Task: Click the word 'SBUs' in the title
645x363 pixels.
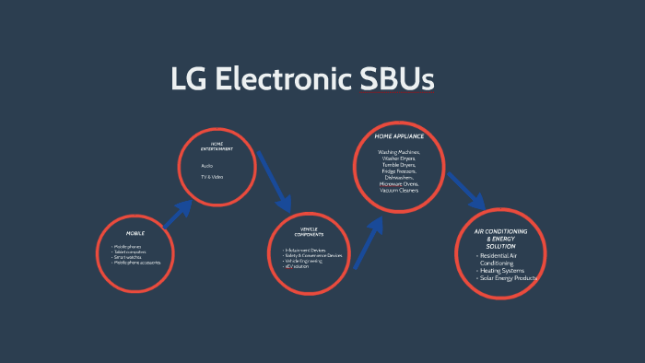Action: coord(396,79)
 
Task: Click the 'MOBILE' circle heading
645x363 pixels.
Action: coord(135,233)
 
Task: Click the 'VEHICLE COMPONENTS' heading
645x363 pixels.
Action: coord(309,232)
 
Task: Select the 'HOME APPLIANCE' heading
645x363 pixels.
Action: coord(399,136)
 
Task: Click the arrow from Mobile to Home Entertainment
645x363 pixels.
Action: coord(177,213)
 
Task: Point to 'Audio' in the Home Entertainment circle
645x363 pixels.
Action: coord(207,166)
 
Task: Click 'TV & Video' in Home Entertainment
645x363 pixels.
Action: coord(212,177)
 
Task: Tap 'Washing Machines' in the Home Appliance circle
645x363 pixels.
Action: coord(399,151)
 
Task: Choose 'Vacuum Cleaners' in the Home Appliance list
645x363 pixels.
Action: coord(399,190)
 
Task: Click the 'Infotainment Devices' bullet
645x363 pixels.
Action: coord(308,250)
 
